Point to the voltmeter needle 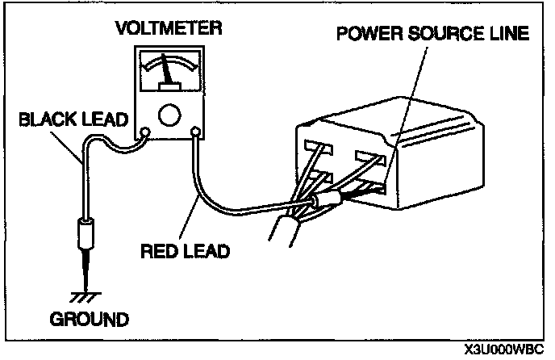click(x=168, y=70)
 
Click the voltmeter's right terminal click(x=194, y=131)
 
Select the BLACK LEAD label click(x=73, y=120)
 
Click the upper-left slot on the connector click(x=317, y=148)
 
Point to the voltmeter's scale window click(x=169, y=70)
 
